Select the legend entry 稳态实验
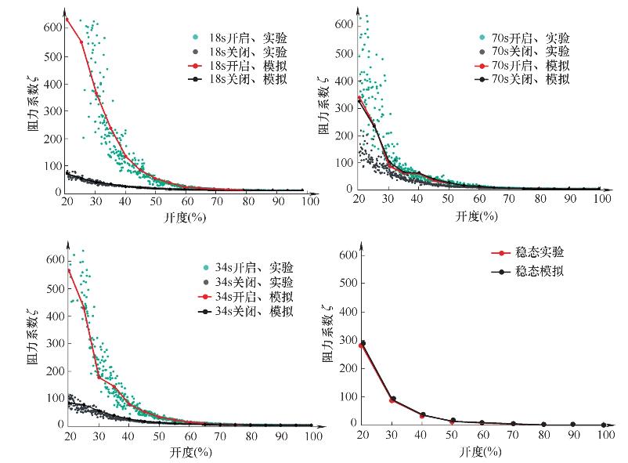[x=538, y=252]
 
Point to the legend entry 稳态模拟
[x=538, y=271]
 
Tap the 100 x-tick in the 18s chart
[x=309, y=202]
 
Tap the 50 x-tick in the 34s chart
[x=159, y=436]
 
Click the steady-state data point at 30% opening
[x=392, y=400]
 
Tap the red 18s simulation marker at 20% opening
[x=67, y=19]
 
